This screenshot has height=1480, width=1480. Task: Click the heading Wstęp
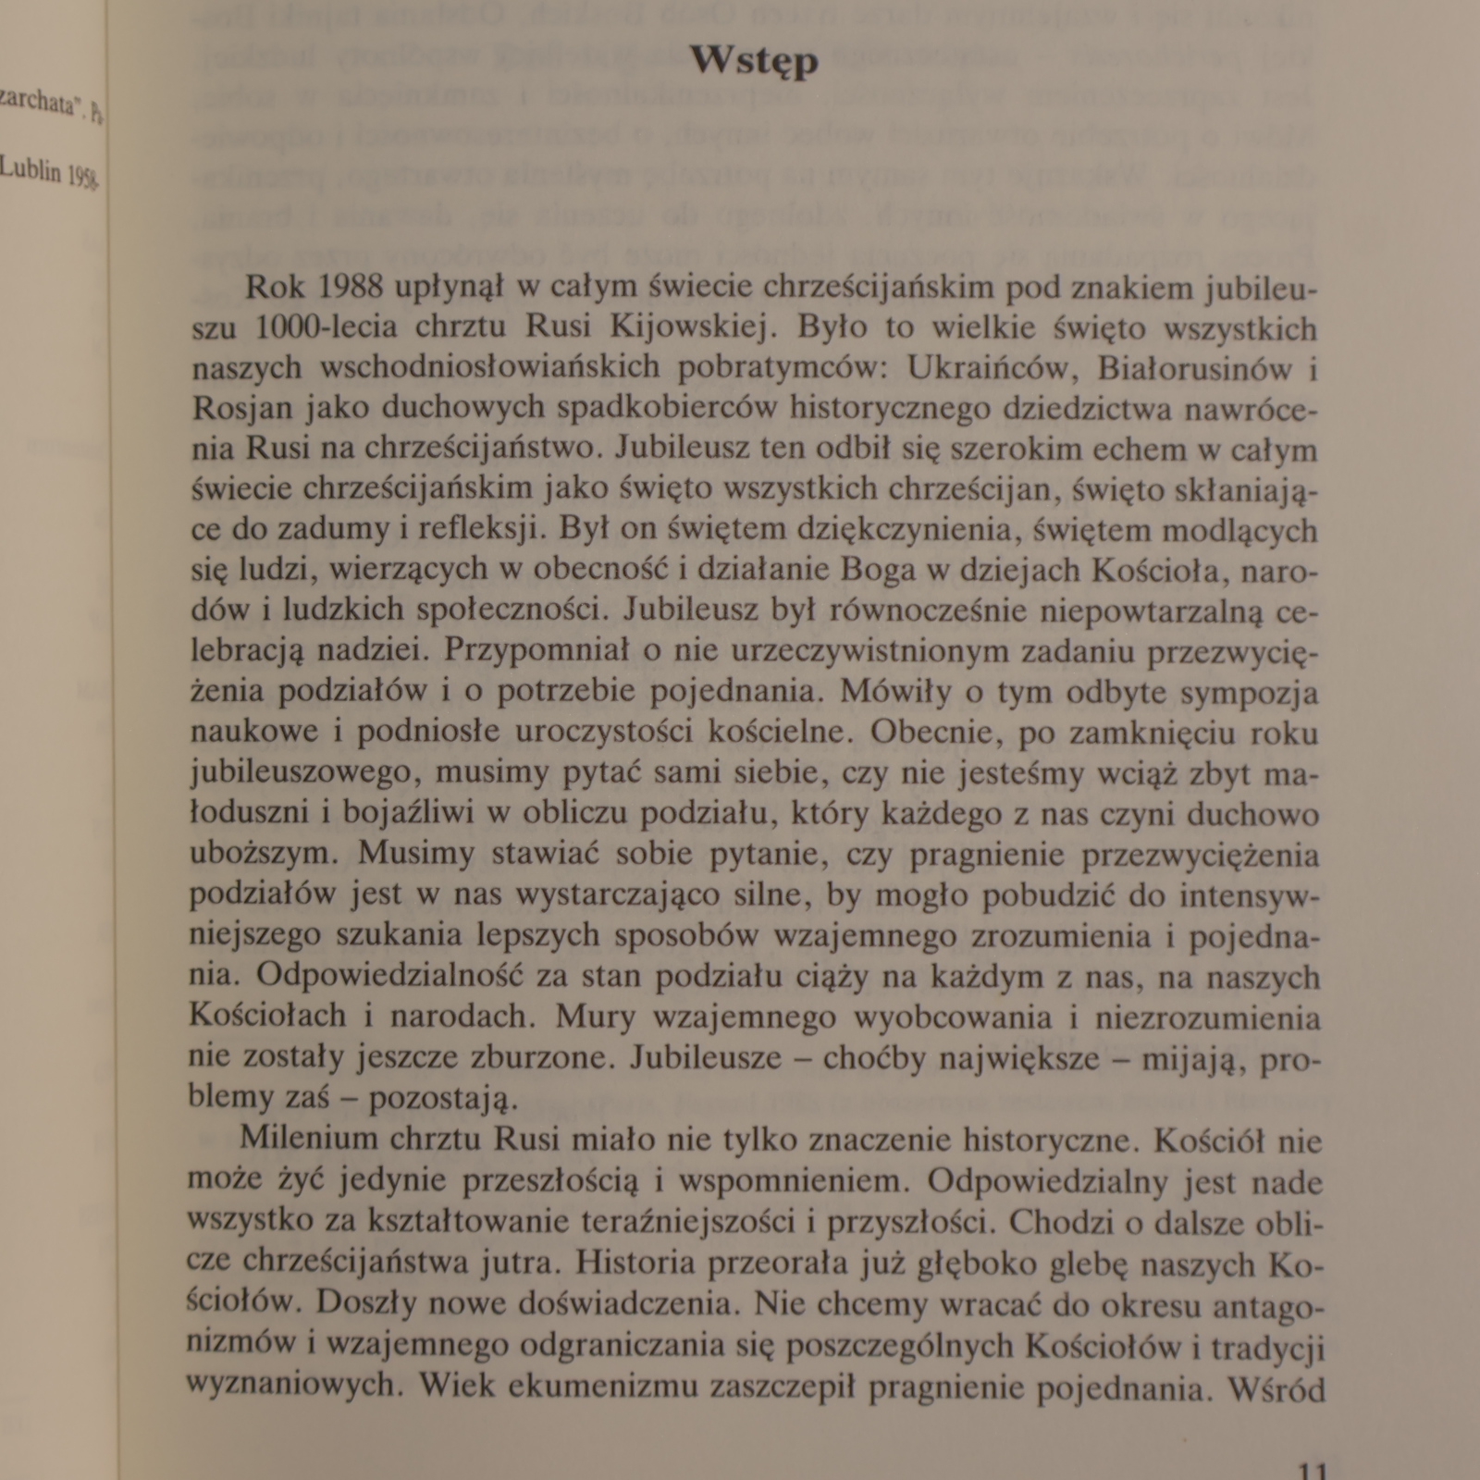pos(754,62)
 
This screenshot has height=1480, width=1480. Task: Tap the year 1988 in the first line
pos(350,287)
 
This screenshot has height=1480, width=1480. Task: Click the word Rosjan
pos(242,408)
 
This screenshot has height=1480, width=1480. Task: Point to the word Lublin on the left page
pos(30,168)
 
